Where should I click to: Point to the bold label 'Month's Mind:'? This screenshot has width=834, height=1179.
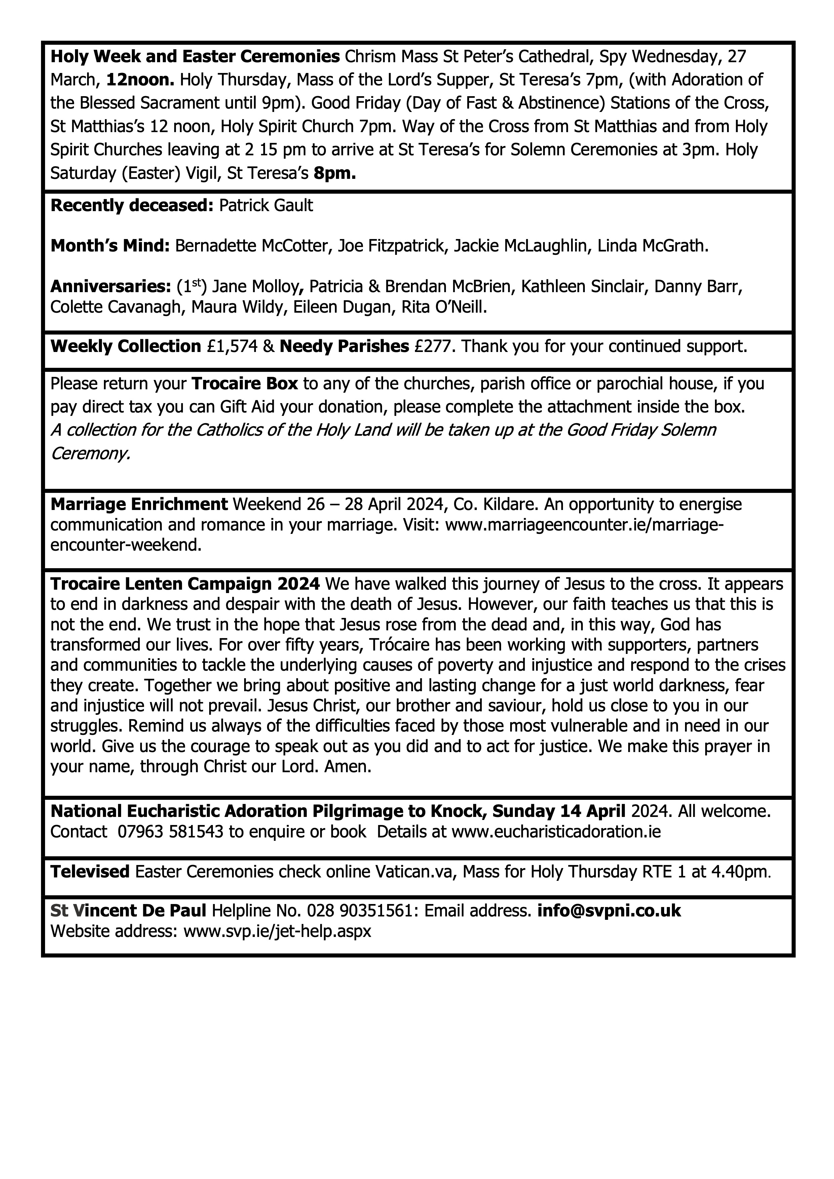[110, 246]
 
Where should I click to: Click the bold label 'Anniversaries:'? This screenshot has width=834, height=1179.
[110, 286]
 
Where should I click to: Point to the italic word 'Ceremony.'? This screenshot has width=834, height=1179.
[90, 454]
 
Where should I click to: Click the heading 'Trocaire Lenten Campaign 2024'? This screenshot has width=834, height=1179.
[185, 584]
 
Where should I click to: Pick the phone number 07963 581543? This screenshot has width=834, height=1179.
[170, 831]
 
